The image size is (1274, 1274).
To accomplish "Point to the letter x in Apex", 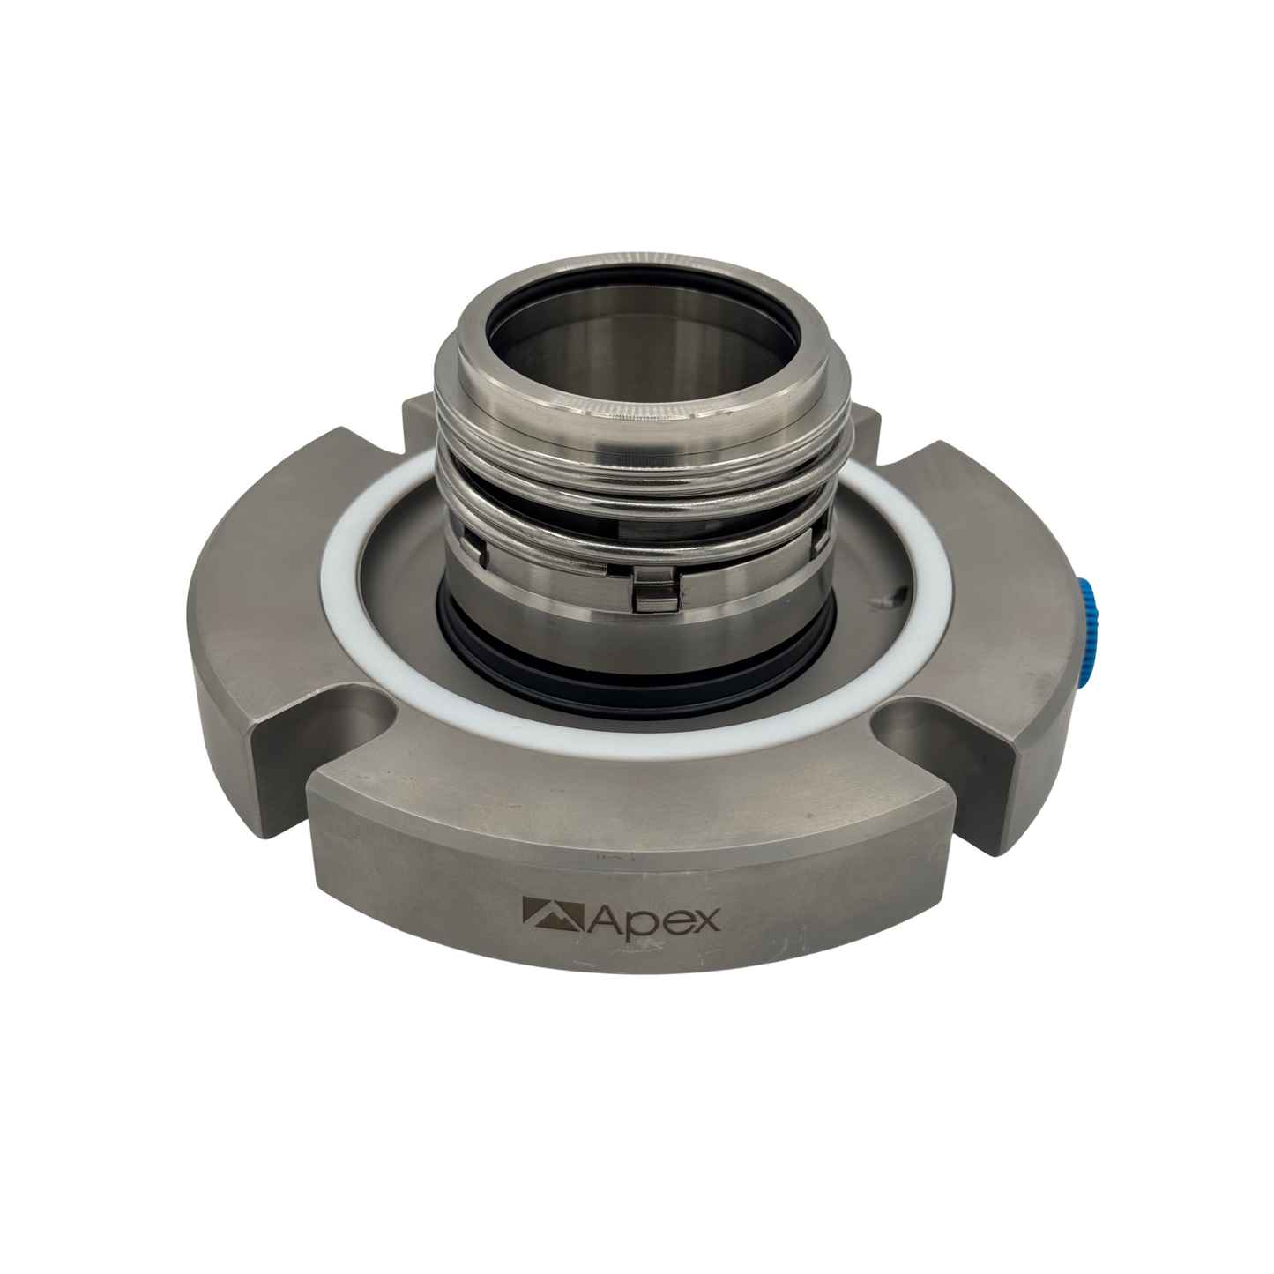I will point(706,921).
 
